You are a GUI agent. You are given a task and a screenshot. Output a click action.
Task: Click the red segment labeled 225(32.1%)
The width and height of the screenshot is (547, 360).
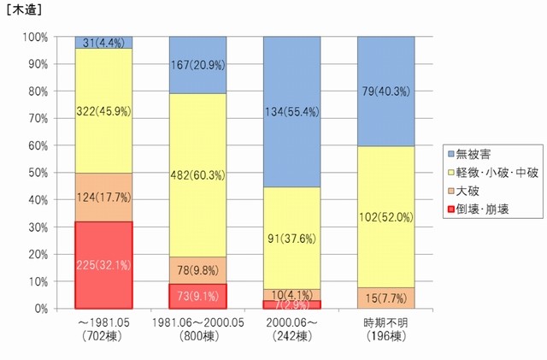103,264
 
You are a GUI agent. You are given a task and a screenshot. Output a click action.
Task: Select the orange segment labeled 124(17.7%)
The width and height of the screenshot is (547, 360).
103,197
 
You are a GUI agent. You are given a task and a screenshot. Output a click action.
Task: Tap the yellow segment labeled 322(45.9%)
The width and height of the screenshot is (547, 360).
103,110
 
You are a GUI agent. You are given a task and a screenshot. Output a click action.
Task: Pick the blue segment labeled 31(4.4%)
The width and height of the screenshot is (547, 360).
103,42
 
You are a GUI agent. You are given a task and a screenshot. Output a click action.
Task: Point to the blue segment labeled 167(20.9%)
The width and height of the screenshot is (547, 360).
197,65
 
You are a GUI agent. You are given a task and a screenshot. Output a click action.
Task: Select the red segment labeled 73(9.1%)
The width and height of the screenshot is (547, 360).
197,296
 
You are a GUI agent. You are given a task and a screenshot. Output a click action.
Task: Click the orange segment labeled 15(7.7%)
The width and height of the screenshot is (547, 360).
386,298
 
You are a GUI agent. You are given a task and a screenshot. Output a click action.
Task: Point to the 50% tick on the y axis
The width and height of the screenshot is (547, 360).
55,173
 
